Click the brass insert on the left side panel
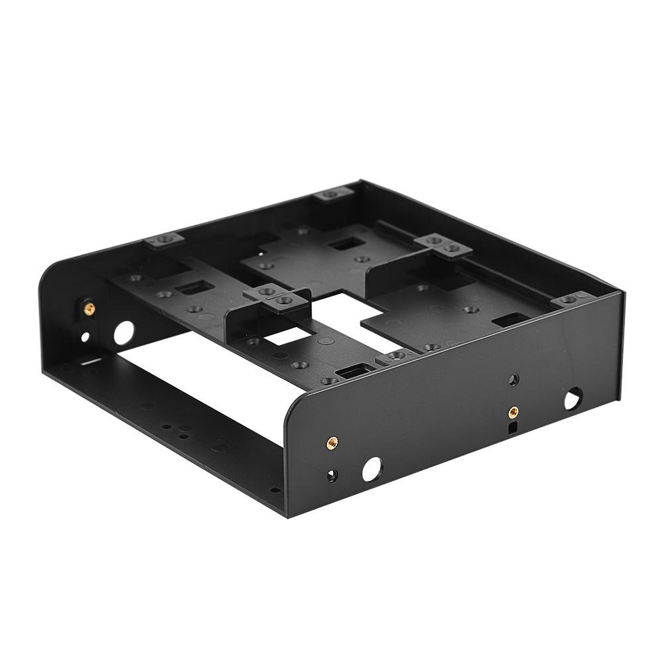tap(88, 307)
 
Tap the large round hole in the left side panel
tap(123, 332)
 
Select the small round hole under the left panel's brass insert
tap(86, 338)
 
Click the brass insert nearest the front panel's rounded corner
tap(330, 441)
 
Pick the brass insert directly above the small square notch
tap(512, 412)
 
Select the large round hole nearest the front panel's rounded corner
tap(372, 469)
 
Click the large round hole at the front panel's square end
tap(572, 399)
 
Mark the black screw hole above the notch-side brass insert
tap(513, 380)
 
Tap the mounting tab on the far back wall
tap(334, 194)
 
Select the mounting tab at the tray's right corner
tap(570, 300)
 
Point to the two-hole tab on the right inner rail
tap(443, 244)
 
